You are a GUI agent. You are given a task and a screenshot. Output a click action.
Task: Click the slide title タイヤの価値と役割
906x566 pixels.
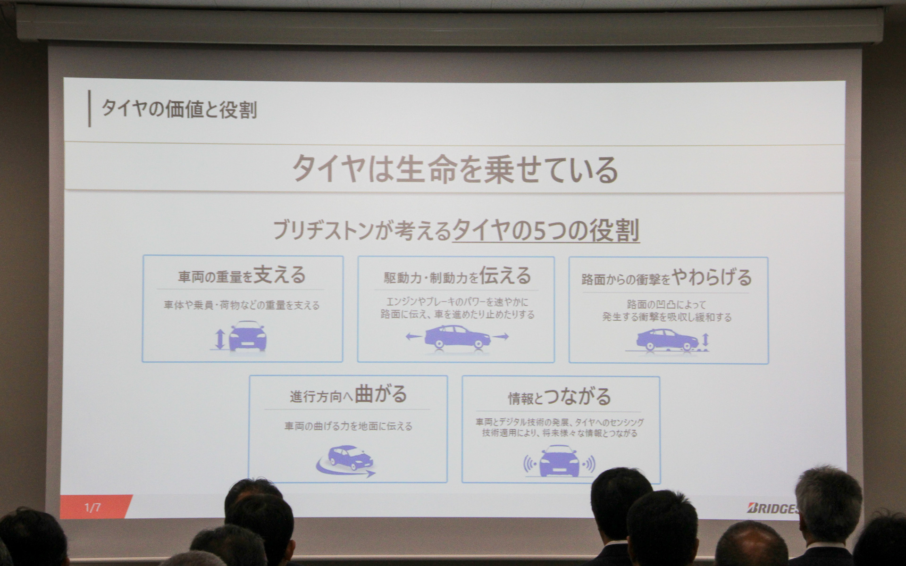point(179,109)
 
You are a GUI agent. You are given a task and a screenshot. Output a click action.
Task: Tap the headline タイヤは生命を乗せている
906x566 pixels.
point(455,169)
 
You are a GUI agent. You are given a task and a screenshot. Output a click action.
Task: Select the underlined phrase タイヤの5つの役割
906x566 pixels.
point(546,231)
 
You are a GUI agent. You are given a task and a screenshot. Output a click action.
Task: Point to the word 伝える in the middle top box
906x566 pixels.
point(505,276)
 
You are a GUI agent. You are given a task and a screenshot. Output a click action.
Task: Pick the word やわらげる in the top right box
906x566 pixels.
point(712,277)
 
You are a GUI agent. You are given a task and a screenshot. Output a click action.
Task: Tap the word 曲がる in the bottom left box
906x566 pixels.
point(381,394)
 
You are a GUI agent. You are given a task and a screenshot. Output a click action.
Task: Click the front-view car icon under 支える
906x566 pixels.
point(248,336)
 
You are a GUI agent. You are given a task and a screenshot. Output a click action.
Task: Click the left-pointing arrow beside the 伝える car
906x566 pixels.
point(414,337)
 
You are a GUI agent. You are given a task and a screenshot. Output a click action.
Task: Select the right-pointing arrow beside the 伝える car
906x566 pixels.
point(501,337)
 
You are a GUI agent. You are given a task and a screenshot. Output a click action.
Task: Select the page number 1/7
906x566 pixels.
point(92,508)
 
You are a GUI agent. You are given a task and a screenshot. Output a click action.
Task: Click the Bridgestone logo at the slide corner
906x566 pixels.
point(773,508)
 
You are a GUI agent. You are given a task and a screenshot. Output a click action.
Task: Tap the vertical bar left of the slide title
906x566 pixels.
point(90,109)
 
